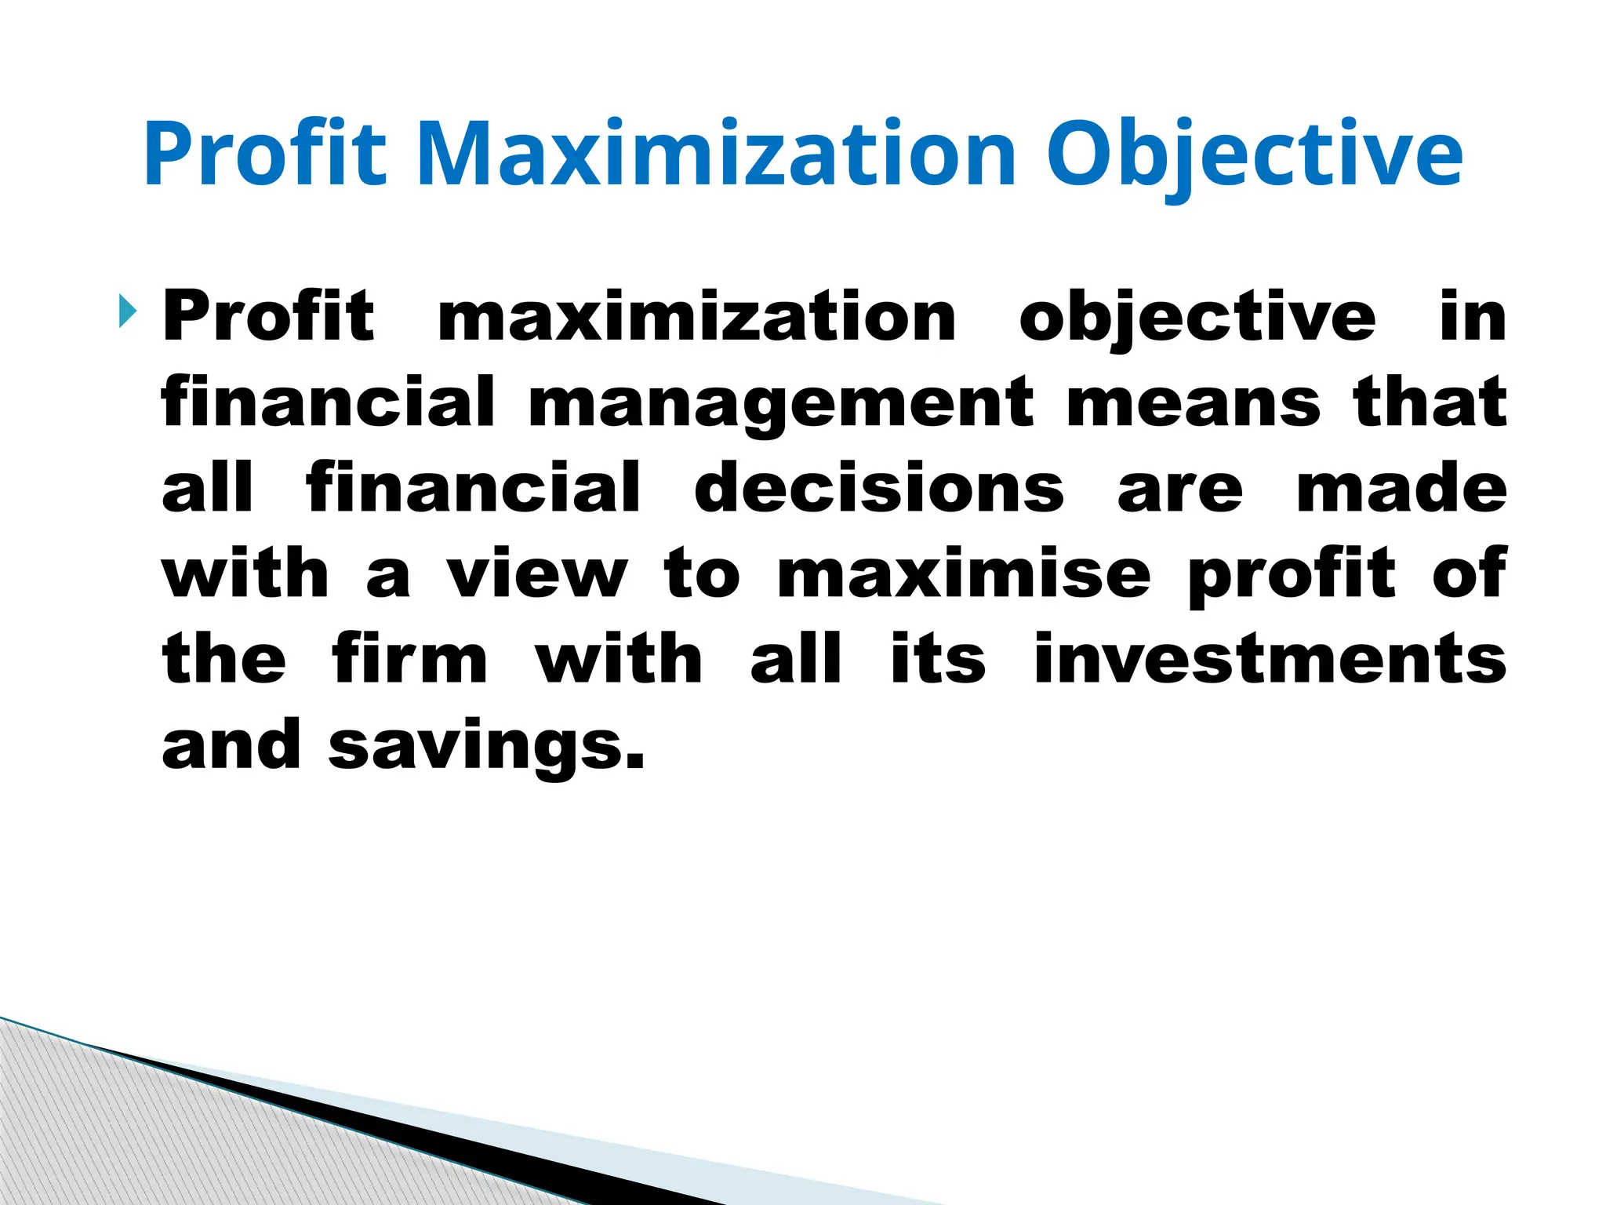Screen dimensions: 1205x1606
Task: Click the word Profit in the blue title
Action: tap(265, 154)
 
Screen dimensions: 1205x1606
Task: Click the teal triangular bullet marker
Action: tap(127, 311)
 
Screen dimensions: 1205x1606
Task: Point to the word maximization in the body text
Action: tap(696, 316)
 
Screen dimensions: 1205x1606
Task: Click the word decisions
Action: tap(879, 488)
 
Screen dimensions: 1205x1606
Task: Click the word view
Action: tap(537, 573)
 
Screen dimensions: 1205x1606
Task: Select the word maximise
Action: tap(964, 573)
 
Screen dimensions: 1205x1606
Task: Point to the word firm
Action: tap(410, 659)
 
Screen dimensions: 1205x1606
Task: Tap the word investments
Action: tap(1270, 659)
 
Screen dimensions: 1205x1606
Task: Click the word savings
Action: tap(486, 746)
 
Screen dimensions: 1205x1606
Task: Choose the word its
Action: tap(938, 659)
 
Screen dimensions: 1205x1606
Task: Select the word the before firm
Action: tap(224, 659)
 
